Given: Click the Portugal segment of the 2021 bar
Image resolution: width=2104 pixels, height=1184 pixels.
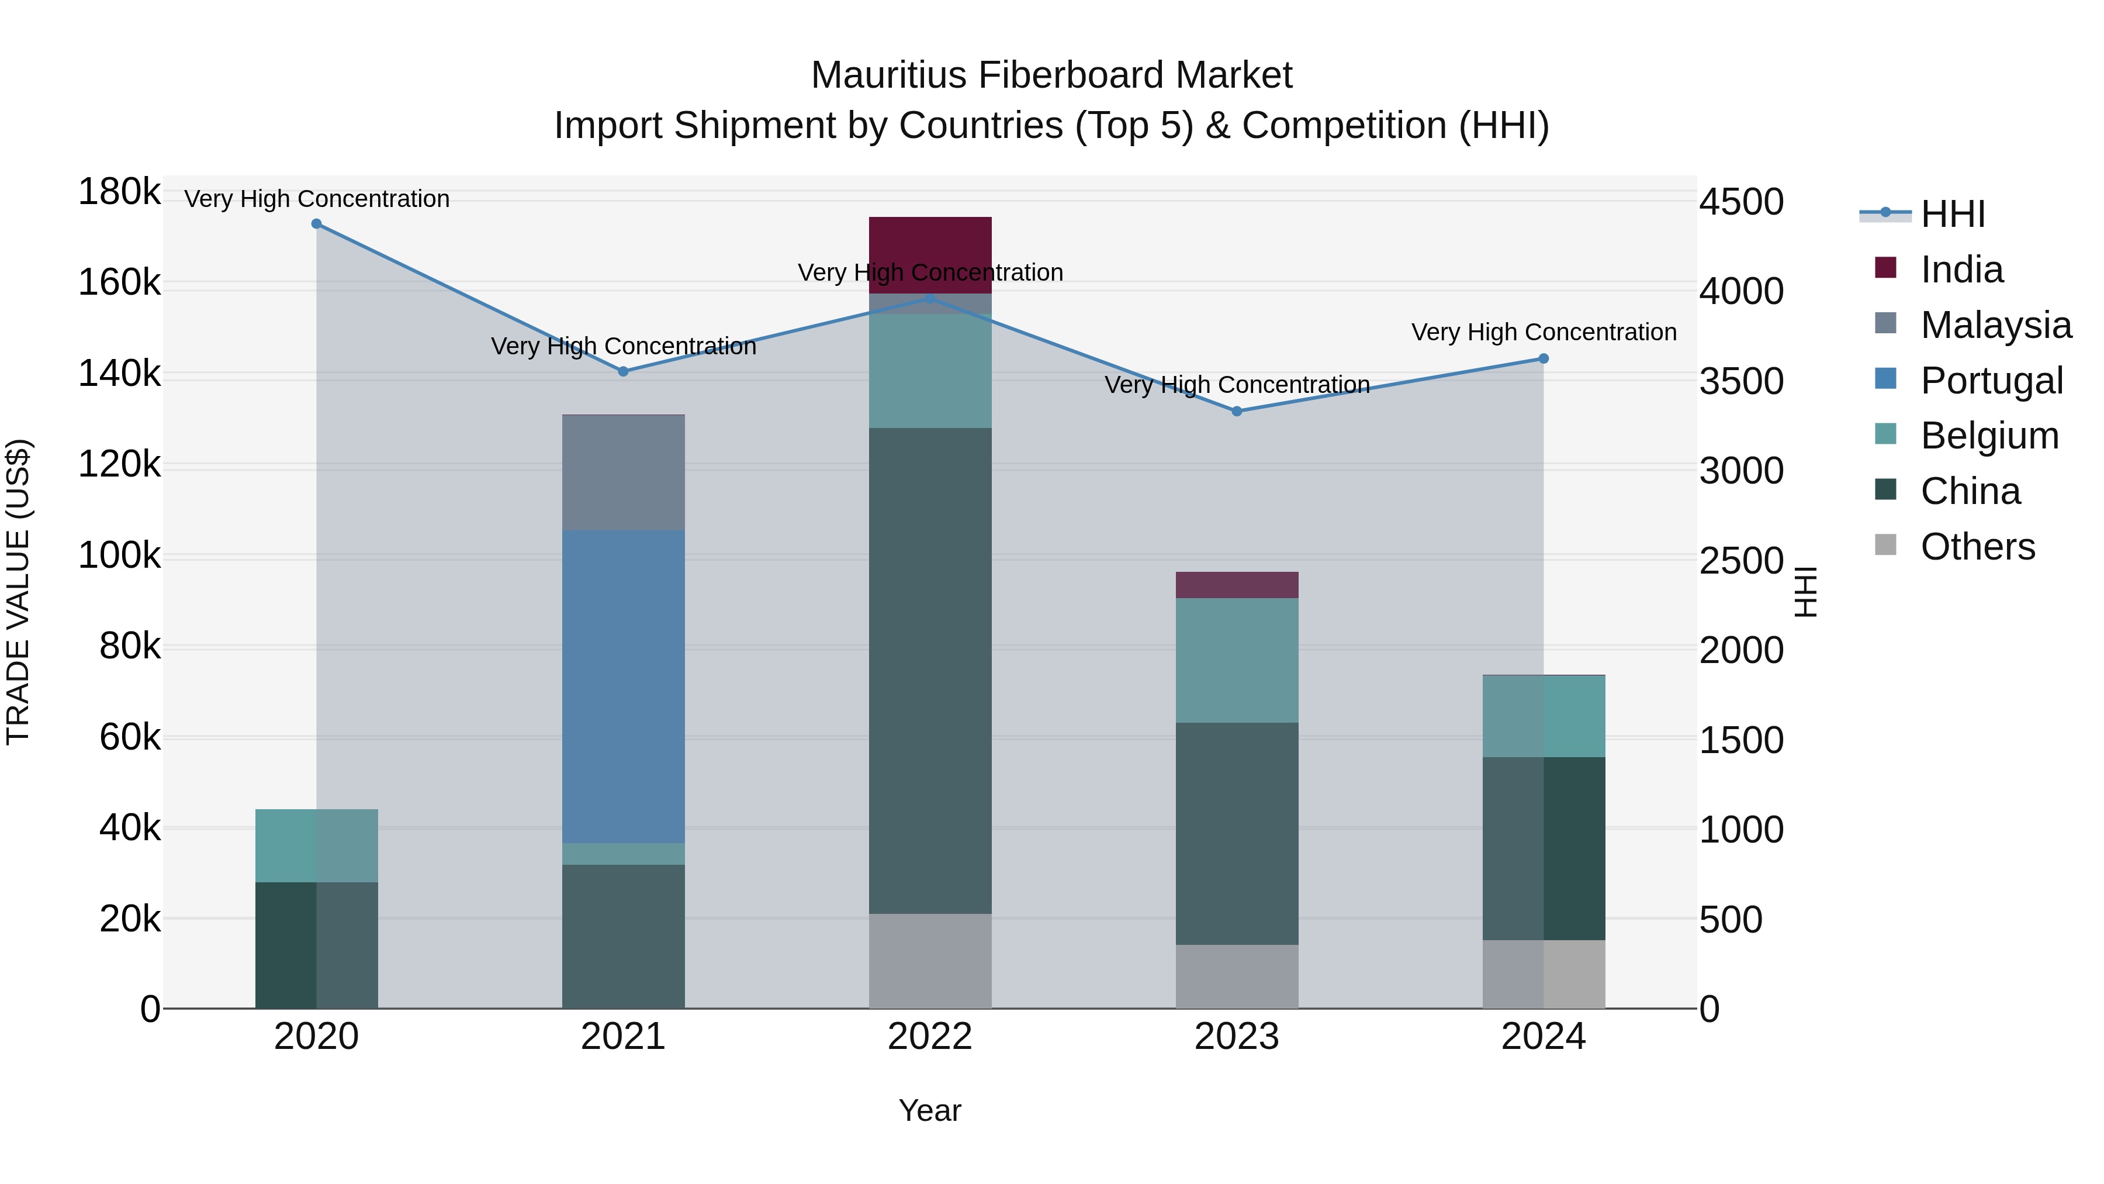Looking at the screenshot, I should pos(623,686).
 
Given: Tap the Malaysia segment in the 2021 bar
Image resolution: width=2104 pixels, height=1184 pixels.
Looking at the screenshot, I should pos(623,472).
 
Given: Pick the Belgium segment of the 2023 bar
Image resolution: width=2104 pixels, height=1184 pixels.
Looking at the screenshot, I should pos(1237,660).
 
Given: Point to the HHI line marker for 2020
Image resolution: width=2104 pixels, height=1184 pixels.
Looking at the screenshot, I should pos(317,224).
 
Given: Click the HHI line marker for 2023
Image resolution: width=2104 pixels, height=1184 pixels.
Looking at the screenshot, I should pos(1237,412).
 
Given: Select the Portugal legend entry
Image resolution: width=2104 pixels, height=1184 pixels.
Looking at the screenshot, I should pos(1991,381).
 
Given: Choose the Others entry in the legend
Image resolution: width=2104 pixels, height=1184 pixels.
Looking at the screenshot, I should pos(1977,547).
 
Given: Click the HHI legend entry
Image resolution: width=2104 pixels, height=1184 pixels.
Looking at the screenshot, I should pos(1952,214).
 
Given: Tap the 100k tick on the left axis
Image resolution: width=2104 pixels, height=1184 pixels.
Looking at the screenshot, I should pos(119,557).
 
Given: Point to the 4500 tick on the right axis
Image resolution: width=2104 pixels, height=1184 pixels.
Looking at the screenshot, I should pos(1742,202).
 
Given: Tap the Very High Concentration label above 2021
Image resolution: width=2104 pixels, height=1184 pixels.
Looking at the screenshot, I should pos(623,347).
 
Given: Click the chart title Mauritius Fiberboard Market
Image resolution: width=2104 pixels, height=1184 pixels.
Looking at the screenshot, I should pos(1051,75).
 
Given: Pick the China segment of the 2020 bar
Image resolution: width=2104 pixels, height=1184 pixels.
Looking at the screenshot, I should pos(317,945).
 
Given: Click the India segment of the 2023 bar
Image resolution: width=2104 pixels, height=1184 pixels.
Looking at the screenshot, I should pos(1237,585).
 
